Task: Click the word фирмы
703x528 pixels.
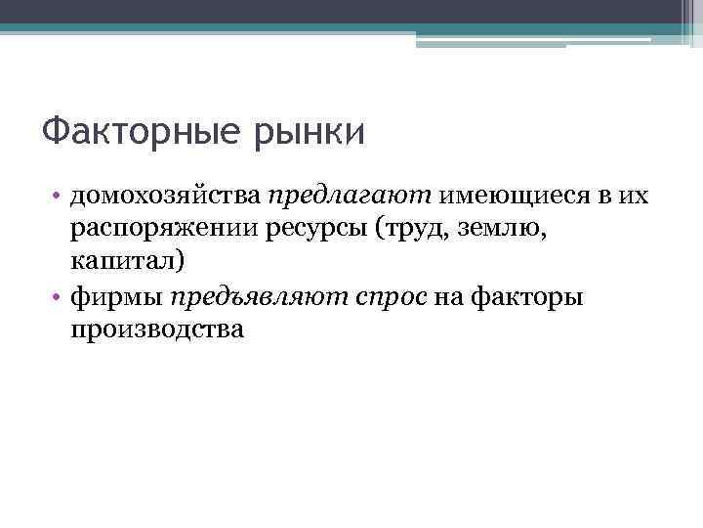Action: (116, 296)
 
